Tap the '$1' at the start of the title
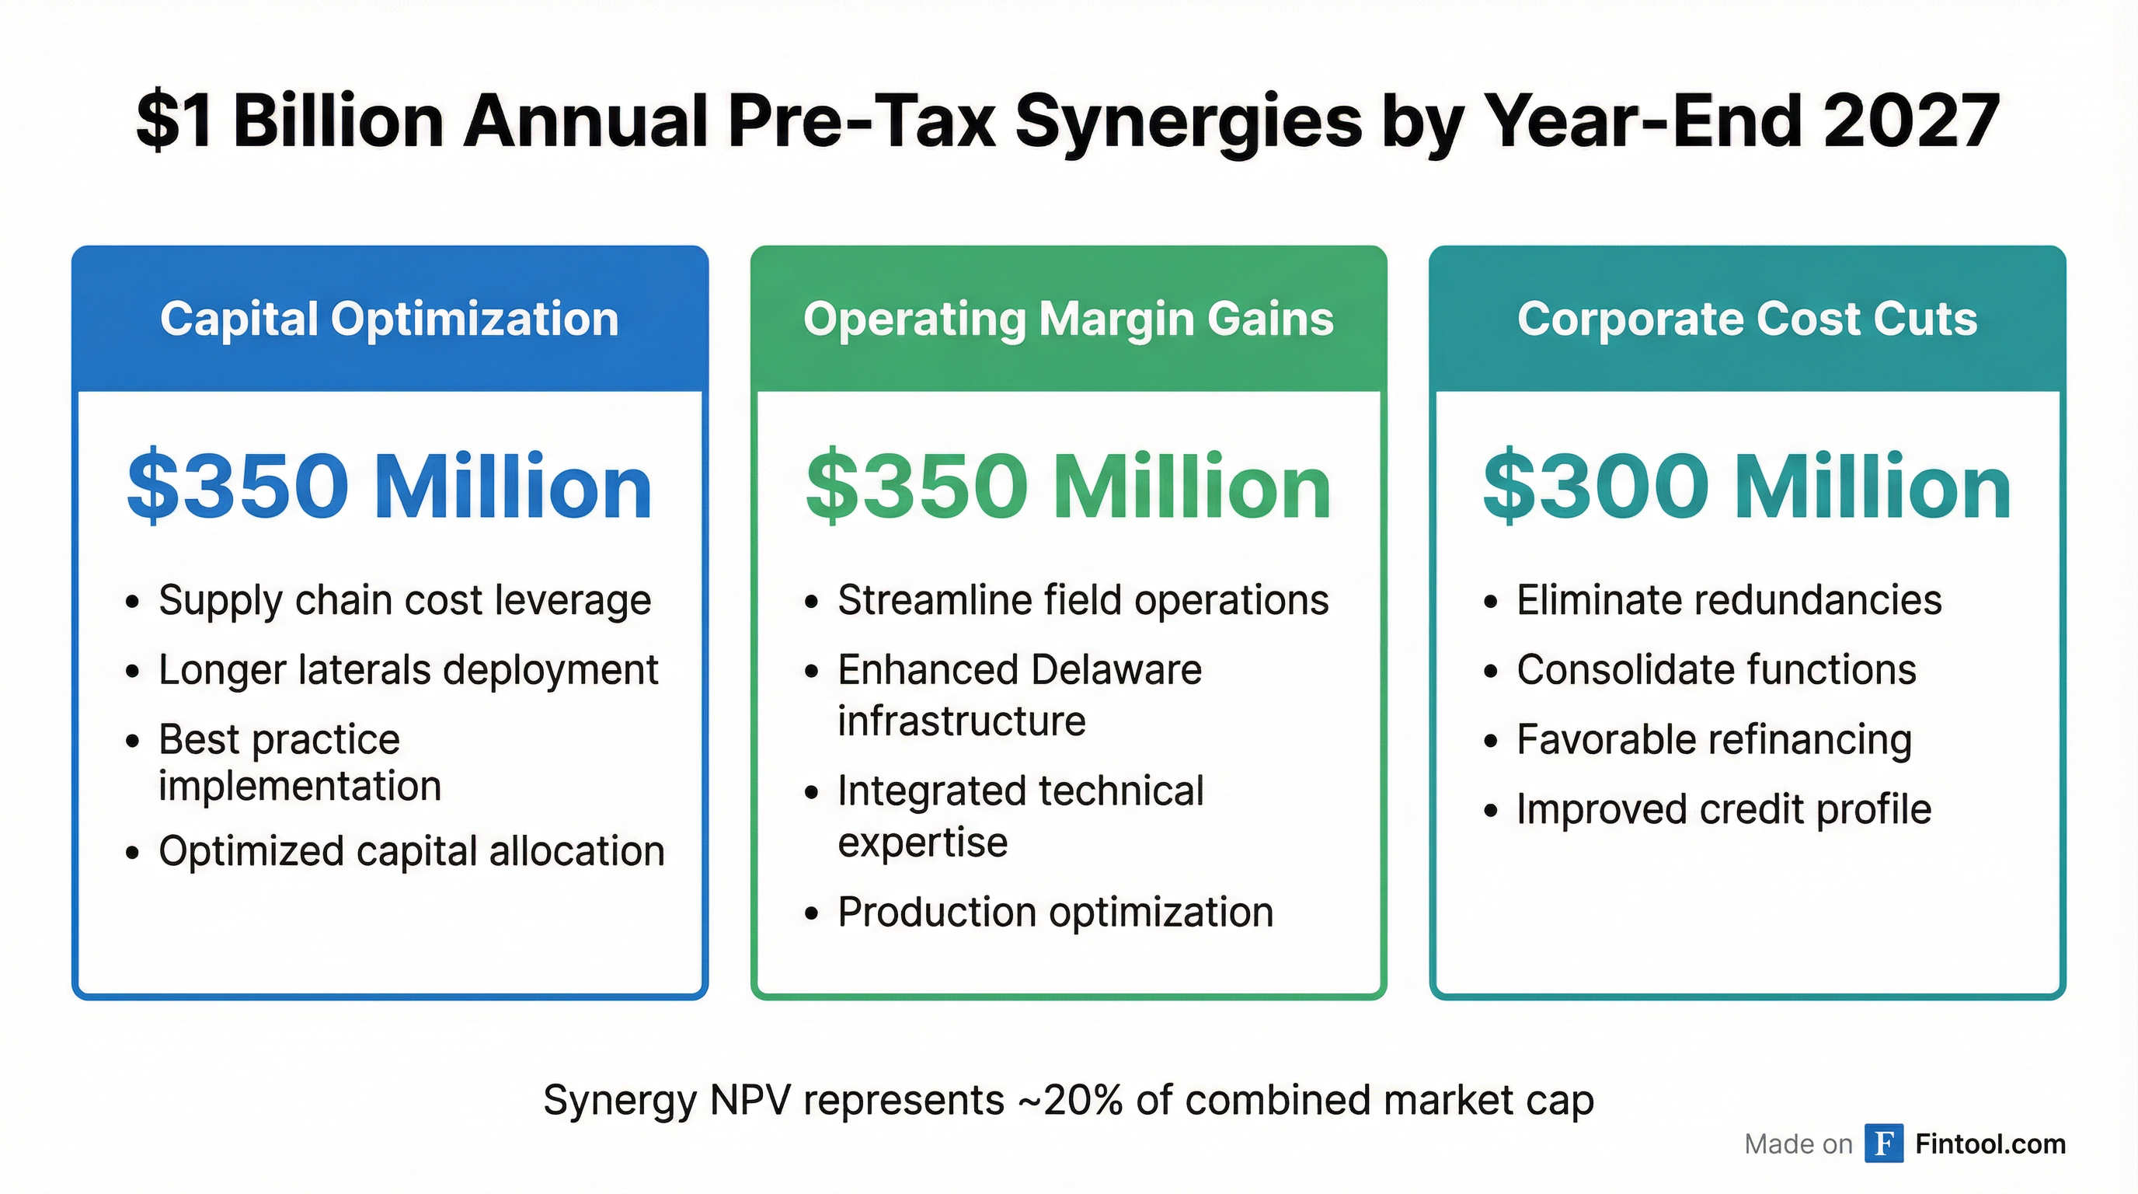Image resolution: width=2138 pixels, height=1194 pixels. pos(173,121)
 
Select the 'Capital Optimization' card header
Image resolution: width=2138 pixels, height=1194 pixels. pos(389,319)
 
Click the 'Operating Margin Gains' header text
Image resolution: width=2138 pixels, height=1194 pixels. pos(1068,319)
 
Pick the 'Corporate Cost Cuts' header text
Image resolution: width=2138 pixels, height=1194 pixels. pos(1747,319)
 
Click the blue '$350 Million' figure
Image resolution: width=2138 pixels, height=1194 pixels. pos(389,487)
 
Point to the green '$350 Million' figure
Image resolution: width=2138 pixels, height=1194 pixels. pos(1068,487)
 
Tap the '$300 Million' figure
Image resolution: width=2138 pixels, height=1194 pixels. pos(1747,487)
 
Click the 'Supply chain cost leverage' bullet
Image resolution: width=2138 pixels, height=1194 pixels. pos(404,600)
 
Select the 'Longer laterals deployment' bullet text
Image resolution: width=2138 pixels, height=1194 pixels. pos(408,670)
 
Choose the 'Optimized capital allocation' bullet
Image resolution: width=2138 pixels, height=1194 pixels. pos(412,851)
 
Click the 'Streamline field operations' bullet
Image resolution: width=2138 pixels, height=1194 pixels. pos(1083,600)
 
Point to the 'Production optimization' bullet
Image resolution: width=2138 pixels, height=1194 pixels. pos(1055,913)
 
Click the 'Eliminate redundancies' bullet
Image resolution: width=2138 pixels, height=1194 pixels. pos(1729,600)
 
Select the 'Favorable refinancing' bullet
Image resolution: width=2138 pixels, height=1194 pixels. pos(1714,740)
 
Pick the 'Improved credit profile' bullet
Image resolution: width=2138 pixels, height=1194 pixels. pos(1724,809)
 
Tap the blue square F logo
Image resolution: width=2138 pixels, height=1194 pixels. pos(1883,1143)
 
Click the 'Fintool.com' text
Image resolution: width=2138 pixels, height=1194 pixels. pos(1990,1144)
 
